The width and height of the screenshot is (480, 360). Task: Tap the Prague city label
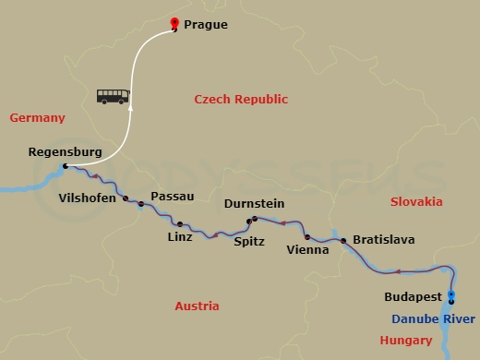205,25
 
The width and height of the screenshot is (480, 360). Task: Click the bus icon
113,95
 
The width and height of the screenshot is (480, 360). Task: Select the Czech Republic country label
241,100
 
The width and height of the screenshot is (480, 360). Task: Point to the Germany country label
37,118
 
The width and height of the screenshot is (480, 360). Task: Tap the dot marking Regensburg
64,167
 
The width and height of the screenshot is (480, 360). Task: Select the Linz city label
180,237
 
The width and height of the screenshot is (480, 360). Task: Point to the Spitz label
248,242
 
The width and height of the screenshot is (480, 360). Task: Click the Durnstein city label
254,204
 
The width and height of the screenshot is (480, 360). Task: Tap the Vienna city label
307,249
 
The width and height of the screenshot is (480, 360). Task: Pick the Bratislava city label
383,240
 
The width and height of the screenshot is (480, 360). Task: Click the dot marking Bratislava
343,241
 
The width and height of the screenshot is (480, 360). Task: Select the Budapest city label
412,297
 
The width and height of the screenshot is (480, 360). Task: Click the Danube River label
434,318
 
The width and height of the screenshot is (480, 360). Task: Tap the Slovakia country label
416,201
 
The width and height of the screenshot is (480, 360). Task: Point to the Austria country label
197,306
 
